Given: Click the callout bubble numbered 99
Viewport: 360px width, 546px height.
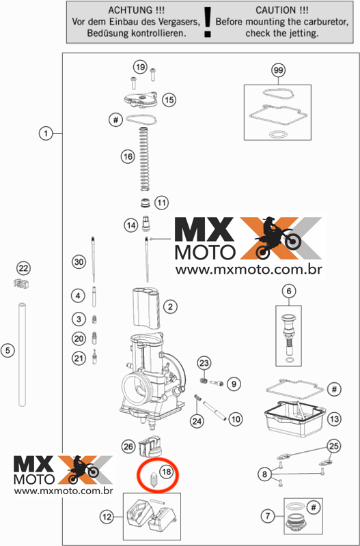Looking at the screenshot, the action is [278, 70].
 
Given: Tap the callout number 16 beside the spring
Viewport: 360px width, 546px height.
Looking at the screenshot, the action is [128, 156].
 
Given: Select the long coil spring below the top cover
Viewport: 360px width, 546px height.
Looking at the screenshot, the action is [145, 159].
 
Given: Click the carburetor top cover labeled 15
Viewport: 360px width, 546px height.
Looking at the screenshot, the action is [141, 100].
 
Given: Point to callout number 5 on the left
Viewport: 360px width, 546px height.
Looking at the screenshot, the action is [8, 350].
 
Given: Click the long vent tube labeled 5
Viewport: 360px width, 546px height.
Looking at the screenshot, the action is [23, 354].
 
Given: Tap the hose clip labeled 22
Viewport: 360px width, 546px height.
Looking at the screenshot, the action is [21, 284].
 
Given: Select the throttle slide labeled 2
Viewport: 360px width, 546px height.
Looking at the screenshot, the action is [146, 308].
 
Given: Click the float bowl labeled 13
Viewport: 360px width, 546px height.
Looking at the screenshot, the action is [295, 418].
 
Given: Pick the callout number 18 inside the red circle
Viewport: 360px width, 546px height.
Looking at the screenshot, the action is [166, 472].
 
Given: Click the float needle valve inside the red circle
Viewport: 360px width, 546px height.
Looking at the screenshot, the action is [152, 480].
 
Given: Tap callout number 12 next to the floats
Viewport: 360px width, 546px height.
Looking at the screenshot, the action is [107, 517].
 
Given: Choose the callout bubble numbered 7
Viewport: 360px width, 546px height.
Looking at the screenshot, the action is [268, 516].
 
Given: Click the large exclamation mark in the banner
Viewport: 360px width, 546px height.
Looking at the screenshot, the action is [208, 22].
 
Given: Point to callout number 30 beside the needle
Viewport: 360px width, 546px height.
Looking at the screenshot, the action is [79, 261].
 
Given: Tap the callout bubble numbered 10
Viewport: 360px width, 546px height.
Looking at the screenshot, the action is [236, 419].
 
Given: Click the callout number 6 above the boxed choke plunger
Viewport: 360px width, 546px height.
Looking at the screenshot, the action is [289, 291].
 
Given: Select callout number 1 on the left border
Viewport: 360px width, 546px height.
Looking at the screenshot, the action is [45, 133].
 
